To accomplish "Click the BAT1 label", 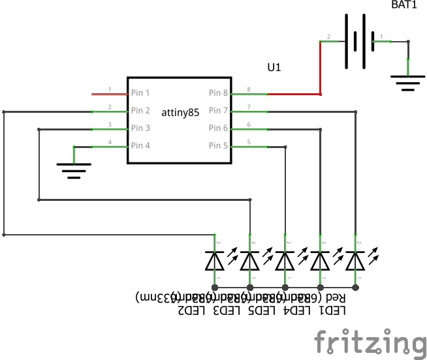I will coord(403,5).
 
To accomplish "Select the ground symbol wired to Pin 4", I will coord(74,171).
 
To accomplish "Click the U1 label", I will coord(275,67).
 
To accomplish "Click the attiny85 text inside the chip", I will coord(180,112).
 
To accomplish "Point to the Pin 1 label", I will coord(140,93).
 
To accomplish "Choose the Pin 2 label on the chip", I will coord(140,111).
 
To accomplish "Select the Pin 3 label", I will coord(140,128).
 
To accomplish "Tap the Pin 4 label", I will coord(140,145).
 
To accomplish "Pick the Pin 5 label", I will coord(218,145).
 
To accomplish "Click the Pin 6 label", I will coord(218,128).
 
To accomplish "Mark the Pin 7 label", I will coord(218,111).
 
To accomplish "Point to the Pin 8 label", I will coord(218,93).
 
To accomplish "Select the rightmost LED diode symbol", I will coord(355,261).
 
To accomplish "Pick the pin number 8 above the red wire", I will coord(249,89).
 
